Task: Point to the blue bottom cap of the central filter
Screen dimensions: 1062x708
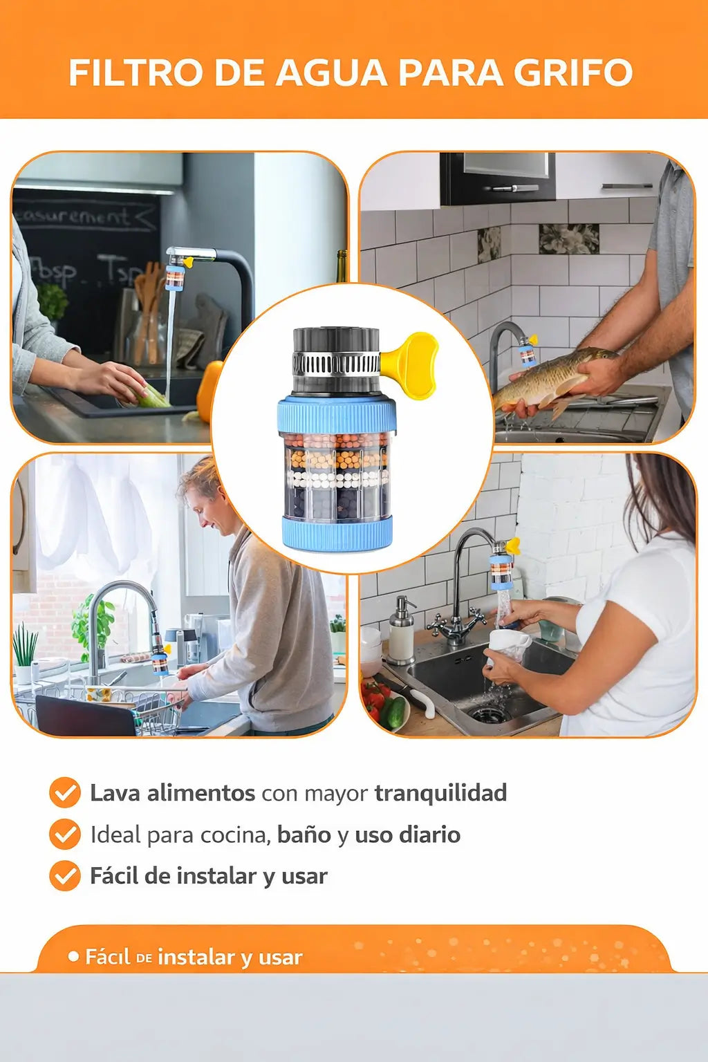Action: (337, 533)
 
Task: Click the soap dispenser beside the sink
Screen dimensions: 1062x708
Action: (402, 631)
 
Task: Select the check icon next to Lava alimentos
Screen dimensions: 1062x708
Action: (65, 792)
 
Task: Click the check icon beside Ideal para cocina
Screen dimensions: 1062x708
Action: (65, 835)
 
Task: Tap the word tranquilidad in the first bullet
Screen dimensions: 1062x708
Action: (440, 792)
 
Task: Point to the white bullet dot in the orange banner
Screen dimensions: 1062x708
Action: (73, 957)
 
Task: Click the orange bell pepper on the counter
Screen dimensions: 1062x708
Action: (208, 391)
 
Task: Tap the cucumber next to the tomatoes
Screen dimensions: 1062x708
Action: (395, 712)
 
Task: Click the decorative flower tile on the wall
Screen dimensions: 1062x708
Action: (568, 239)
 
